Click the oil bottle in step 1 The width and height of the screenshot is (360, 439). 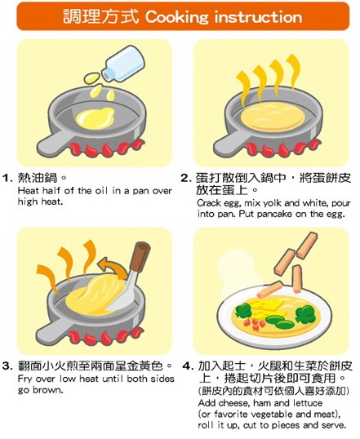(x=123, y=64)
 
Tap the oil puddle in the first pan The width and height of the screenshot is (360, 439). (x=96, y=118)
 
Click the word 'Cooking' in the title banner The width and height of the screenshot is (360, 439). (x=177, y=17)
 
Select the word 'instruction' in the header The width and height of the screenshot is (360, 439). (x=258, y=17)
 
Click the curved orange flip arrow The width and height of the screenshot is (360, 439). (x=112, y=267)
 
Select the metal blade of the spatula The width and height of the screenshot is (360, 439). (x=123, y=294)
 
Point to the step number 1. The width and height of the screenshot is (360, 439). (x=7, y=178)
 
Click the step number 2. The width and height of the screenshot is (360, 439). (x=185, y=178)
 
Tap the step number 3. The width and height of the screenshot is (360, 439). (x=7, y=366)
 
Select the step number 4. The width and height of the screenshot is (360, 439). (x=188, y=366)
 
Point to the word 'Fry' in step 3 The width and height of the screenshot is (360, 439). (x=24, y=379)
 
